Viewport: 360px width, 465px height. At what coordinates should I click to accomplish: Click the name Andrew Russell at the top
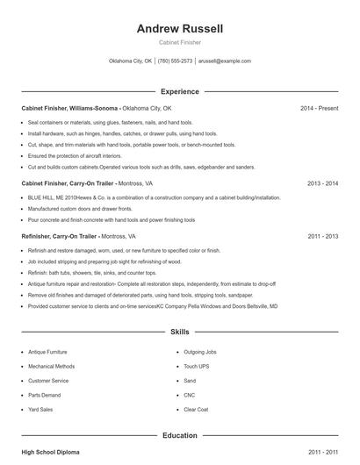pos(180,29)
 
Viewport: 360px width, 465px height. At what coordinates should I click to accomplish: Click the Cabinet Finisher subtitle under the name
pos(180,43)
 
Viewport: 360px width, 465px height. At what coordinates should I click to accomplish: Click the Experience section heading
pos(180,91)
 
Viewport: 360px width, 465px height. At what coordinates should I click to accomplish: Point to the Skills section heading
pos(180,333)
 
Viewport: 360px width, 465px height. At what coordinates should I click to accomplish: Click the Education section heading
pos(180,435)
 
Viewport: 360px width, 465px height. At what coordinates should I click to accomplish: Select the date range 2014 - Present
pos(319,108)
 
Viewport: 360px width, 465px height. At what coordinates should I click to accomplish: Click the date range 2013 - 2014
pos(323,184)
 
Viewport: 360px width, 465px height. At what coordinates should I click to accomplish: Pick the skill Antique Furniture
pos(47,352)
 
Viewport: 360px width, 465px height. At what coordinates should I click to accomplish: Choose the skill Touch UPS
pos(197,367)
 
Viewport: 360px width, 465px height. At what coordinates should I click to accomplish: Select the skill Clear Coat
pos(196,410)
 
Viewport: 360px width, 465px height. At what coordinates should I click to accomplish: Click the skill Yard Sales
pos(40,410)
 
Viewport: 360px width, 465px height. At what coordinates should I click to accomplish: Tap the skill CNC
pos(190,396)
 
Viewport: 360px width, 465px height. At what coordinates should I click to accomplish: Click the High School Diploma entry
pos(50,452)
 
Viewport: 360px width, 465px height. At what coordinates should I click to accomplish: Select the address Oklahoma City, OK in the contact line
pos(130,61)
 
